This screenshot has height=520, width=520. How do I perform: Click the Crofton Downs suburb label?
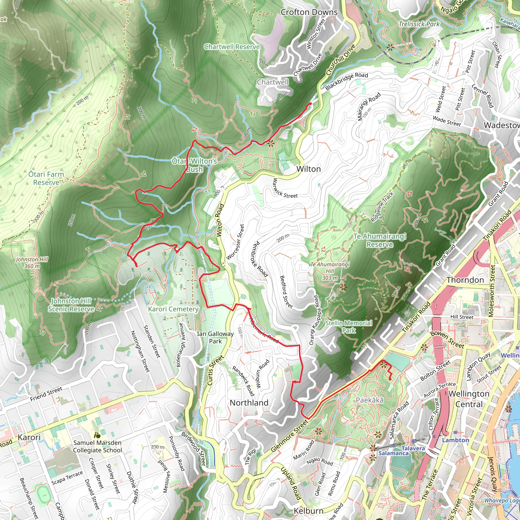pyautogui.click(x=309, y=12)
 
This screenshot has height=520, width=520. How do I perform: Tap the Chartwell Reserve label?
pyautogui.click(x=232, y=47)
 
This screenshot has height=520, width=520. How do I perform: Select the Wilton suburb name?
pyautogui.click(x=308, y=169)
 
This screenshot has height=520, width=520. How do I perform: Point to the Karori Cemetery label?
pyautogui.click(x=173, y=309)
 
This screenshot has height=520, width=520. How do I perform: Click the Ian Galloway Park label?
pyautogui.click(x=215, y=337)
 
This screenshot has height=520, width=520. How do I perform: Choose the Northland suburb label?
pyautogui.click(x=249, y=403)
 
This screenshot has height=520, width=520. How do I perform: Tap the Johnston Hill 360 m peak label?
pyautogui.click(x=32, y=263)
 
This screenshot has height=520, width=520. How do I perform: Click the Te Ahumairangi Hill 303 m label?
pyautogui.click(x=330, y=271)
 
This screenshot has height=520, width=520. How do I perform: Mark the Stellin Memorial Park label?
pyautogui.click(x=349, y=327)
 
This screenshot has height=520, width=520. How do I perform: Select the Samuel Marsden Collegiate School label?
pyautogui.click(x=97, y=446)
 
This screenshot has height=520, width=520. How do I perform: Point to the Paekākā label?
pyautogui.click(x=369, y=400)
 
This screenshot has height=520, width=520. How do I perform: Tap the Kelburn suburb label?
pyautogui.click(x=308, y=511)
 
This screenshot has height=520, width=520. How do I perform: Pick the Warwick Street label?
pyautogui.click(x=285, y=188)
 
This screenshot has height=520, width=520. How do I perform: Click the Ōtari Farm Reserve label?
pyautogui.click(x=46, y=178)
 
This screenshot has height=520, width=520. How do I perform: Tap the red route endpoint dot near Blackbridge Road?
pyautogui.click(x=310, y=104)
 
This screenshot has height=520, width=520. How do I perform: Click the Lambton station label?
pyautogui.click(x=456, y=440)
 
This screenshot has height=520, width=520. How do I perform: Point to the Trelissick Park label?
pyautogui.click(x=419, y=24)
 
